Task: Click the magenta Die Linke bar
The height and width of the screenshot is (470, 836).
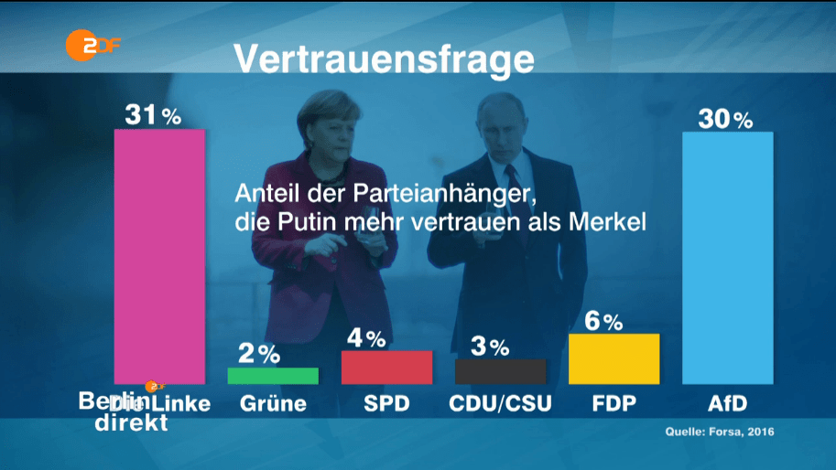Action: click(159, 256)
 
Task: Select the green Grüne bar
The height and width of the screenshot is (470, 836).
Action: click(273, 376)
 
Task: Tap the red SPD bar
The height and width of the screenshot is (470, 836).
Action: click(386, 367)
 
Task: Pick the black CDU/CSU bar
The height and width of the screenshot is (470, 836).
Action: click(500, 370)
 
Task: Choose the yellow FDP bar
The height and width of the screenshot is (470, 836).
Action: click(613, 358)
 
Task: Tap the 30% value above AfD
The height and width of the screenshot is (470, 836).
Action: click(725, 119)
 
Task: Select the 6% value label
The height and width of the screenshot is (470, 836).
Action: click(603, 321)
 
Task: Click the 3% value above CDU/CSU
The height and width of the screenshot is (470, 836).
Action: click(490, 347)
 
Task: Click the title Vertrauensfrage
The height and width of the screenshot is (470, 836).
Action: click(384, 59)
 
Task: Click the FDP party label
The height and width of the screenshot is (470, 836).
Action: click(613, 403)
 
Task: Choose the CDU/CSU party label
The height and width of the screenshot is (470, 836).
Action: click(501, 403)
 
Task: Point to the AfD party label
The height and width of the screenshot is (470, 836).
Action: click(729, 403)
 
